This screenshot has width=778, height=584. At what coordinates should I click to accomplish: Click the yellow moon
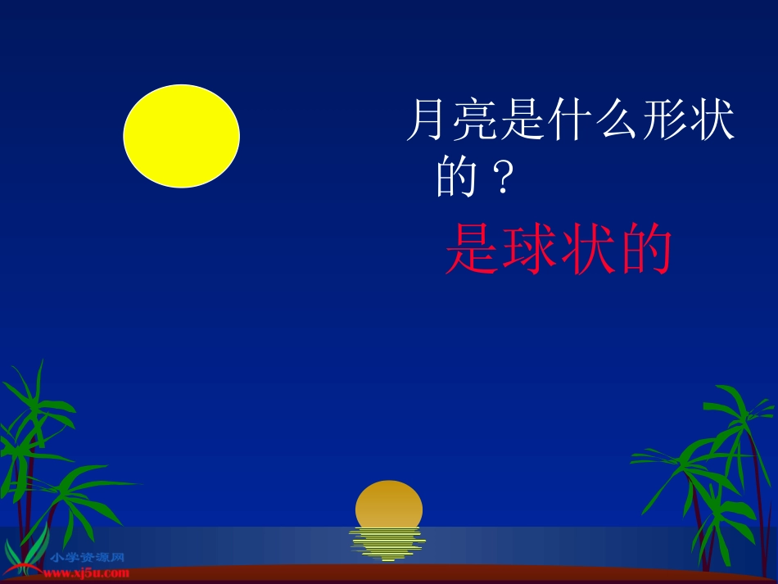[x=181, y=136]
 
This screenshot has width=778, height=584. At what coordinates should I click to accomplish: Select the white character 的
[x=456, y=179]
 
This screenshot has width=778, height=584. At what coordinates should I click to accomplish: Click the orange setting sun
[x=389, y=505]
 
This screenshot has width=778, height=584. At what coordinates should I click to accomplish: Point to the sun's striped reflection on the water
[x=387, y=544]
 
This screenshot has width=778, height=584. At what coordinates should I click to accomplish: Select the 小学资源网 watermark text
[x=88, y=558]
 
